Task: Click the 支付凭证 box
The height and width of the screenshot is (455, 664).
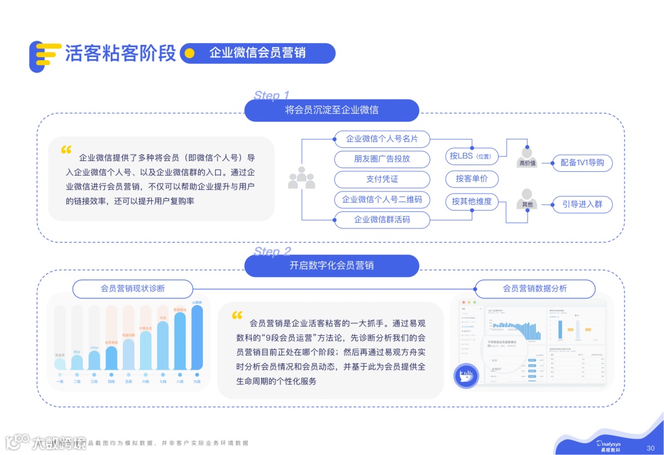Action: pyautogui.click(x=382, y=179)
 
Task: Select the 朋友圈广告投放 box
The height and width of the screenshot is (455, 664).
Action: pyautogui.click(x=382, y=159)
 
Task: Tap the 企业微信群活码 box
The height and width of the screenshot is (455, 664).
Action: pyautogui.click(x=382, y=220)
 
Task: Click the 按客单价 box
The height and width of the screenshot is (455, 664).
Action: pyautogui.click(x=472, y=179)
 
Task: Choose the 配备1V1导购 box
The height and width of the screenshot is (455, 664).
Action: pyautogui.click(x=582, y=163)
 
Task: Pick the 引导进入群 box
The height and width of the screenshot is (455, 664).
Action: pyautogui.click(x=582, y=204)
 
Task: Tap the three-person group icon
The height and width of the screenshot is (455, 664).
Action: pyautogui.click(x=301, y=178)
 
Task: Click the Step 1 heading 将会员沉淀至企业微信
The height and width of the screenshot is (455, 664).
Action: pyautogui.click(x=331, y=111)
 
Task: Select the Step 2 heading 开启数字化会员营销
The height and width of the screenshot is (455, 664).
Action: pyautogui.click(x=331, y=266)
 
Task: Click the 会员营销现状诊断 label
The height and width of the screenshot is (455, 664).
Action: pyautogui.click(x=133, y=289)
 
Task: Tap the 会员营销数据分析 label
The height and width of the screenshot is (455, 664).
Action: pyautogui.click(x=535, y=289)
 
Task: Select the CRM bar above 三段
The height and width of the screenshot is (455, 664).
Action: pyautogui.click(x=94, y=360)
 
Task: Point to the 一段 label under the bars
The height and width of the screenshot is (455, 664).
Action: pyautogui.click(x=60, y=381)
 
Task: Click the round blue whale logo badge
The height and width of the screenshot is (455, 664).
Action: pyautogui.click(x=466, y=375)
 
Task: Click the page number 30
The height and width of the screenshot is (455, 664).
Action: pyautogui.click(x=650, y=448)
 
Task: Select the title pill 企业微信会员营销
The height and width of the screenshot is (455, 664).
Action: pyautogui.click(x=258, y=53)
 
